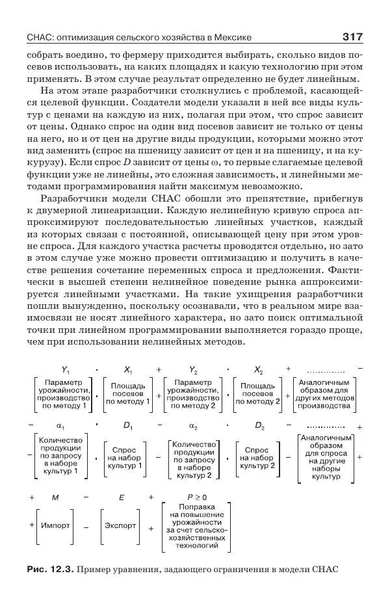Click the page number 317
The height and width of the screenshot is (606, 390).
click(x=350, y=36)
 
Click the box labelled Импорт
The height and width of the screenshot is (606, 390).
click(x=55, y=524)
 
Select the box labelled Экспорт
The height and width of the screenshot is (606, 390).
click(x=120, y=524)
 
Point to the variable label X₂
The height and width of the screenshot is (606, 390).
click(x=258, y=369)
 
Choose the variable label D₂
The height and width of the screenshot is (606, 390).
click(x=259, y=427)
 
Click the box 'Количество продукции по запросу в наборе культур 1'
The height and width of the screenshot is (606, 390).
click(x=64, y=458)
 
